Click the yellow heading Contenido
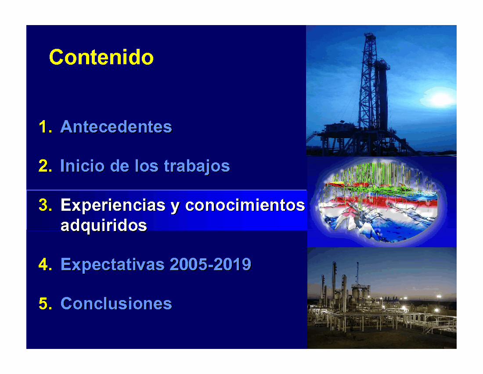point(101,57)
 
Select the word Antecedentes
point(116,127)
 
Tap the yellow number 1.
point(45,127)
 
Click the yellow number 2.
point(45,166)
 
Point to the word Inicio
point(82,166)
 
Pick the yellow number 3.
point(45,205)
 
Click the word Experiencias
point(113,205)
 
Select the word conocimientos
point(245,205)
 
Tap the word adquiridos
point(104,225)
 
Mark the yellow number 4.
point(45,264)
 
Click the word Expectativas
point(113,265)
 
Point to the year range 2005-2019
point(210,264)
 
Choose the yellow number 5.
point(45,304)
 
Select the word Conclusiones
point(116,304)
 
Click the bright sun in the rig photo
point(440,98)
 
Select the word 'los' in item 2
point(146,166)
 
